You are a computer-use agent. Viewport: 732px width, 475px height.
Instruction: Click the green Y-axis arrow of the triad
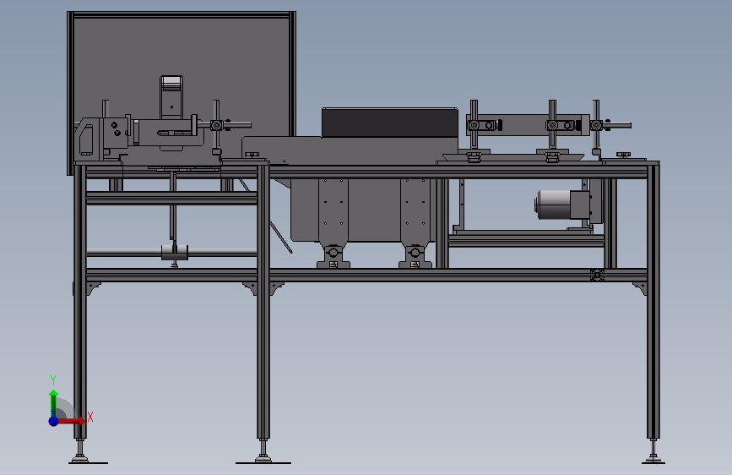coord(53,397)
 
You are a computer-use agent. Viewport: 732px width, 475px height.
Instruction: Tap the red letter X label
coord(89,417)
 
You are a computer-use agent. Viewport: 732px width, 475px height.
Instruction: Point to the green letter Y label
coord(52,379)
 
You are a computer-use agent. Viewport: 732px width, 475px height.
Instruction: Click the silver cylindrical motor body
coord(552,205)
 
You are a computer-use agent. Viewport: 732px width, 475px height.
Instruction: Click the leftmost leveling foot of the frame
coord(81,458)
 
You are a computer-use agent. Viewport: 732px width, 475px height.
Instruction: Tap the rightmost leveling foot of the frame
coord(653,458)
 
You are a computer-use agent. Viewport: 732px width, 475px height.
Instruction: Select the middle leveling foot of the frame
coord(263,458)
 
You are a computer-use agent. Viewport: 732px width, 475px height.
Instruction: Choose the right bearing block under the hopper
coord(414,256)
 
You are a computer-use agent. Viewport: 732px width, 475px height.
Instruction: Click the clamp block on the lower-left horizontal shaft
coord(174,252)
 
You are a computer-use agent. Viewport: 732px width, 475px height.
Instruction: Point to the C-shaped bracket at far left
coord(85,139)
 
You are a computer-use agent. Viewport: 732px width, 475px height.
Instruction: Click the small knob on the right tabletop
coord(624,154)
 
